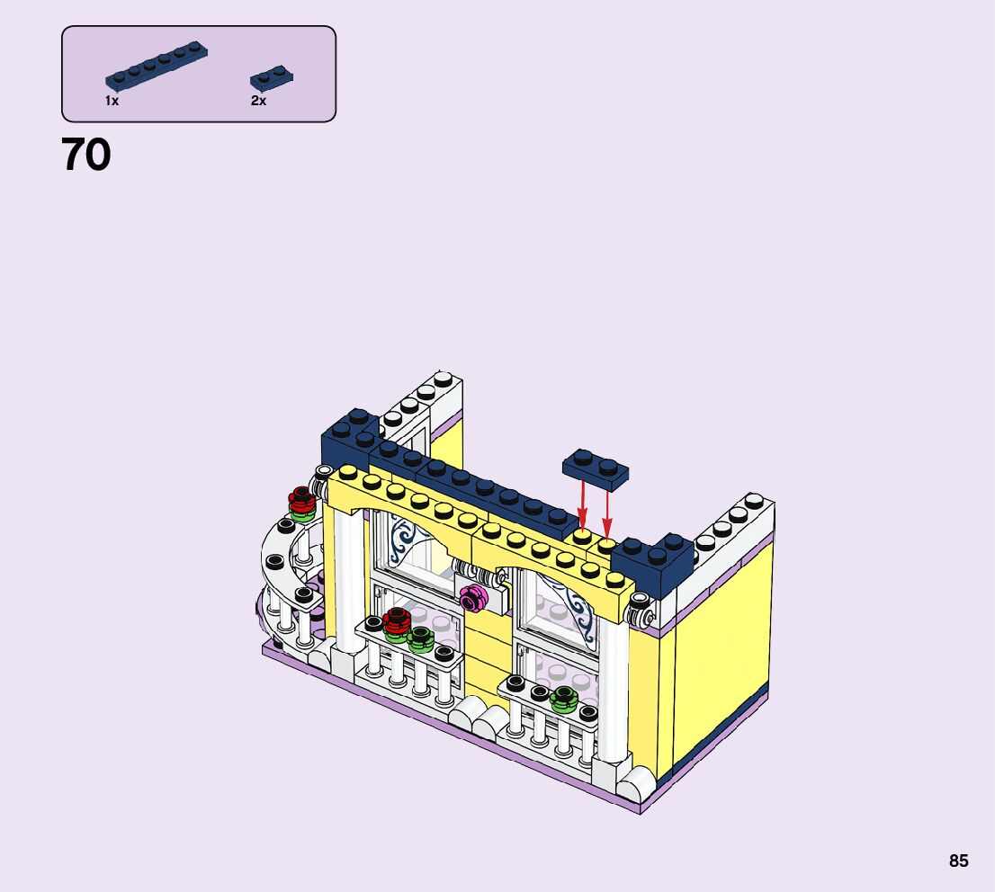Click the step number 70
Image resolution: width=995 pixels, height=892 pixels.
pos(86,155)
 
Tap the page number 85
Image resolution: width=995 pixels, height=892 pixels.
pos(959,861)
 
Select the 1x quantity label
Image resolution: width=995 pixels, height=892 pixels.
pos(112,101)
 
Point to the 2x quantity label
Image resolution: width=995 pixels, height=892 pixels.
pos(258,101)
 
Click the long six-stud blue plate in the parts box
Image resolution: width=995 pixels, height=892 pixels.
pos(157,66)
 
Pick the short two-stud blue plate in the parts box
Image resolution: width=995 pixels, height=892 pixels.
pos(272,79)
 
